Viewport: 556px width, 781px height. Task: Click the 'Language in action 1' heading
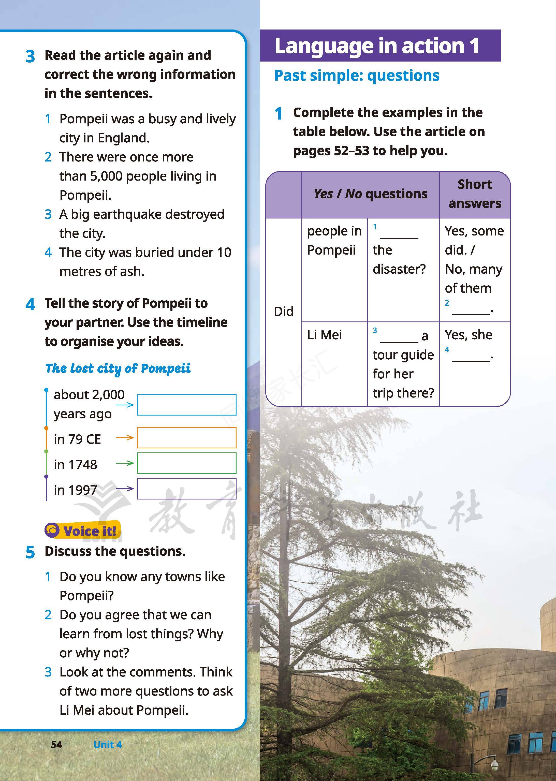pos(377,46)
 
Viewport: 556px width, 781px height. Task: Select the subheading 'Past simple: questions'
pos(357,75)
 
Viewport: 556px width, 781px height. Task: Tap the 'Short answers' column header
pos(475,194)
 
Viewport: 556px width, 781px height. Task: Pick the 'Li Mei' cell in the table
pos(324,335)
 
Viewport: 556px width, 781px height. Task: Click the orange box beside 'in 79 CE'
pos(187,437)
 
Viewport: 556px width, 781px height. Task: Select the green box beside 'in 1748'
pos(187,463)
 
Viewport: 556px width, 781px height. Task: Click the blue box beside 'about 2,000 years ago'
pos(187,405)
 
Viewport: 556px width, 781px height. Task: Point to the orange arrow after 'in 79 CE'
pos(125,437)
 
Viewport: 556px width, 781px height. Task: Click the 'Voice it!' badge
pos(83,531)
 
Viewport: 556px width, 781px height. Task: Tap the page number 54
pos(56,744)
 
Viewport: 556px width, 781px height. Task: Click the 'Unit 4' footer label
pos(108,744)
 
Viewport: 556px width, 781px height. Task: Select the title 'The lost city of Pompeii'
pos(118,369)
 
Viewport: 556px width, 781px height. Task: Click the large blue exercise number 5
pos(30,552)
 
